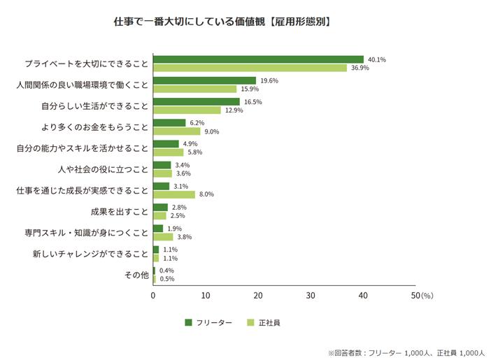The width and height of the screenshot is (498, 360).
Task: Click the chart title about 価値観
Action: tap(222, 22)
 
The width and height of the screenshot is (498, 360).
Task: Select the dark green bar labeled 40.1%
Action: tap(258, 59)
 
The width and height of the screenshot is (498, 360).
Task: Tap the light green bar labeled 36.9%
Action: tap(250, 68)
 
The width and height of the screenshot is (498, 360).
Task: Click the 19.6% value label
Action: tap(269, 80)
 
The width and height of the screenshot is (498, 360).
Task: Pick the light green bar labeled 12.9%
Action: tap(187, 110)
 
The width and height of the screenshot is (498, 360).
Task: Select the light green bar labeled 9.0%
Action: tap(176, 131)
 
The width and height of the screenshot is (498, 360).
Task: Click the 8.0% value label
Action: tap(206, 194)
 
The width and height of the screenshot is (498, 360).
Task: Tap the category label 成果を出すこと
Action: tap(120, 211)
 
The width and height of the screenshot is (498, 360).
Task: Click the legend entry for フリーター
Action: tap(208, 323)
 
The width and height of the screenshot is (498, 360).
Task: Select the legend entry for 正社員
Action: tap(264, 323)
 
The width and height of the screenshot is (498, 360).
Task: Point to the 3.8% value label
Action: tap(185, 237)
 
